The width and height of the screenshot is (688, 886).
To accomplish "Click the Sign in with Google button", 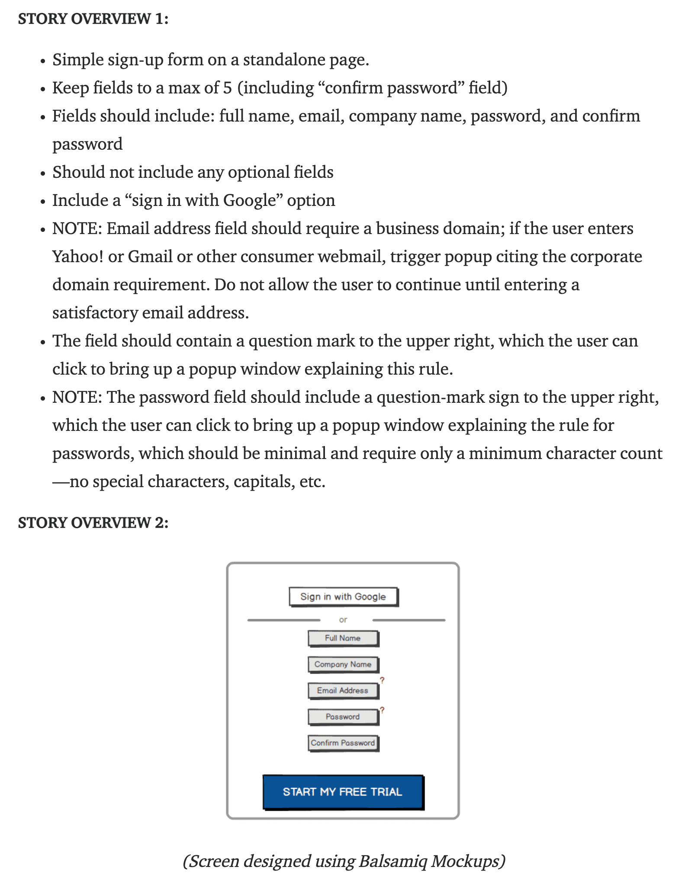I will pyautogui.click(x=343, y=597).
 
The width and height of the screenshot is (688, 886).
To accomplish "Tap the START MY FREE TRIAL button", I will pyautogui.click(x=343, y=792).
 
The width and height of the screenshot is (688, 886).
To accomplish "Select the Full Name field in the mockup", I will pyautogui.click(x=343, y=638).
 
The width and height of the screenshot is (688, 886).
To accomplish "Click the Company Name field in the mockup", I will pyautogui.click(x=343, y=664).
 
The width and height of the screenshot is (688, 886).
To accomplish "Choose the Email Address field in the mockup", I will pyautogui.click(x=343, y=690).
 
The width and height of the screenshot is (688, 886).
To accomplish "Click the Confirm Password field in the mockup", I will pyautogui.click(x=343, y=743).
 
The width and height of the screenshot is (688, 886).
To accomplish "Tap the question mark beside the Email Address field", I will pyautogui.click(x=382, y=680).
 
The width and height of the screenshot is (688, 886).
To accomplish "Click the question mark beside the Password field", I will pyautogui.click(x=382, y=710).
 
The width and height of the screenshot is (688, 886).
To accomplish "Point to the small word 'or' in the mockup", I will pyautogui.click(x=343, y=620).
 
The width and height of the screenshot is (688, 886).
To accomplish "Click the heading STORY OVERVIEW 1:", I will pyautogui.click(x=93, y=19).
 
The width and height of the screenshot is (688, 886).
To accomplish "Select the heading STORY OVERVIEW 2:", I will pyautogui.click(x=93, y=523).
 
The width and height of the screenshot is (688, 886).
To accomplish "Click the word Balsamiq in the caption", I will pyautogui.click(x=392, y=861).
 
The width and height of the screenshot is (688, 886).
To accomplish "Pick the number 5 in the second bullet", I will pyautogui.click(x=228, y=88).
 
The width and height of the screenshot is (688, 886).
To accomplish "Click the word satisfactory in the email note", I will pyautogui.click(x=95, y=313).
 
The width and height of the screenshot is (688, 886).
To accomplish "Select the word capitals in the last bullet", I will pyautogui.click(x=261, y=482).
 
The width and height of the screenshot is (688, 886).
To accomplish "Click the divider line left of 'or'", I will pyautogui.click(x=283, y=620).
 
